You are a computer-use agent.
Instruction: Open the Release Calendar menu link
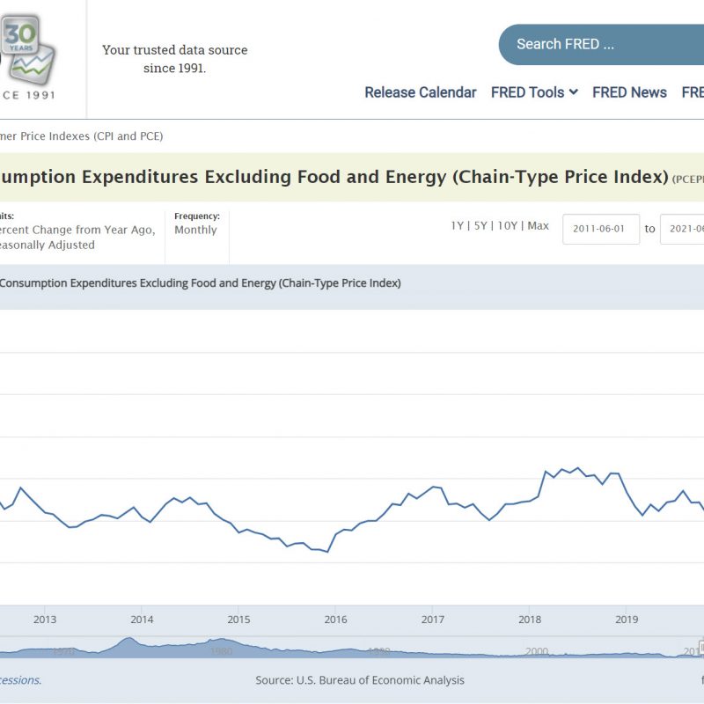pyautogui.click(x=421, y=92)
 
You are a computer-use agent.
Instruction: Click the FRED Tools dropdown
pyautogui.click(x=534, y=92)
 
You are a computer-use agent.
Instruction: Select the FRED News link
pyautogui.click(x=629, y=92)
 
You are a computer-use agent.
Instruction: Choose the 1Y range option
pyautogui.click(x=457, y=226)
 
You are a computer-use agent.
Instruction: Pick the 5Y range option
pyautogui.click(x=480, y=226)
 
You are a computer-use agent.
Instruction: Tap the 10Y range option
pyautogui.click(x=507, y=226)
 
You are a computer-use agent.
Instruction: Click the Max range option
pyautogui.click(x=538, y=226)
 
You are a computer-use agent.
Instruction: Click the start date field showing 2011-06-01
pyautogui.click(x=600, y=229)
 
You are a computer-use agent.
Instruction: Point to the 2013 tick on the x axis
pyautogui.click(x=45, y=620)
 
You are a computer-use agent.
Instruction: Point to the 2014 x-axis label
pyautogui.click(x=142, y=620)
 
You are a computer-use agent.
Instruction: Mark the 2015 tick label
pyautogui.click(x=238, y=620)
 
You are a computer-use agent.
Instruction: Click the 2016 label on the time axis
pyautogui.click(x=335, y=620)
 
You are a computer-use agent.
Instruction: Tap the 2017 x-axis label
pyautogui.click(x=432, y=620)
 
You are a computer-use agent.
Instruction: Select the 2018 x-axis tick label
pyautogui.click(x=529, y=620)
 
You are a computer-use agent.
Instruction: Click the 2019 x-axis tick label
pyautogui.click(x=626, y=620)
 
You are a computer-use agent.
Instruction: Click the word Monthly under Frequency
pyautogui.click(x=195, y=230)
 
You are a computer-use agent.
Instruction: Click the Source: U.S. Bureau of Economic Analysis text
pyautogui.click(x=360, y=680)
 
